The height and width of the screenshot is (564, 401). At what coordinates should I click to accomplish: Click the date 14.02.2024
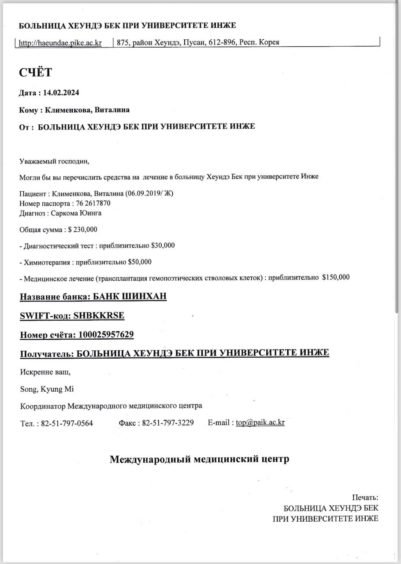click(x=61, y=93)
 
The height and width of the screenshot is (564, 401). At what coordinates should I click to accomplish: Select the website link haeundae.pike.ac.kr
click(x=61, y=43)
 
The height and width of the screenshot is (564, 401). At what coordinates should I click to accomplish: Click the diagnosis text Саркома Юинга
click(x=77, y=213)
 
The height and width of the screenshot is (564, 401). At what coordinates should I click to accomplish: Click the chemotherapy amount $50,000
click(x=140, y=262)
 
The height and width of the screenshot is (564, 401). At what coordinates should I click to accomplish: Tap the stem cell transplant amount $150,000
click(x=336, y=277)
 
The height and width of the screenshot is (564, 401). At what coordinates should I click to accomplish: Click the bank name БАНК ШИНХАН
click(x=130, y=296)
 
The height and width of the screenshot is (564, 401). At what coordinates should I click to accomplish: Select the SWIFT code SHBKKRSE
click(x=99, y=315)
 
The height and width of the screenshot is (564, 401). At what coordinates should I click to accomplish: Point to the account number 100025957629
click(x=106, y=335)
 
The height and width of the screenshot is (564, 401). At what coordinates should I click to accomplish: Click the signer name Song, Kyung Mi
click(x=47, y=389)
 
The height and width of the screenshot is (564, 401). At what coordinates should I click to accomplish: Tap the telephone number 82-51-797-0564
click(x=67, y=423)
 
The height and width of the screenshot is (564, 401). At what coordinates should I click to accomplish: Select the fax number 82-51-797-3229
click(x=168, y=423)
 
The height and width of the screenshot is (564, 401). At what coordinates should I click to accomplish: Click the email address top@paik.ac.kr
click(x=260, y=422)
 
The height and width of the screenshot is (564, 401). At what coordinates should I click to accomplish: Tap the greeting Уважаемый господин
click(x=54, y=161)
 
